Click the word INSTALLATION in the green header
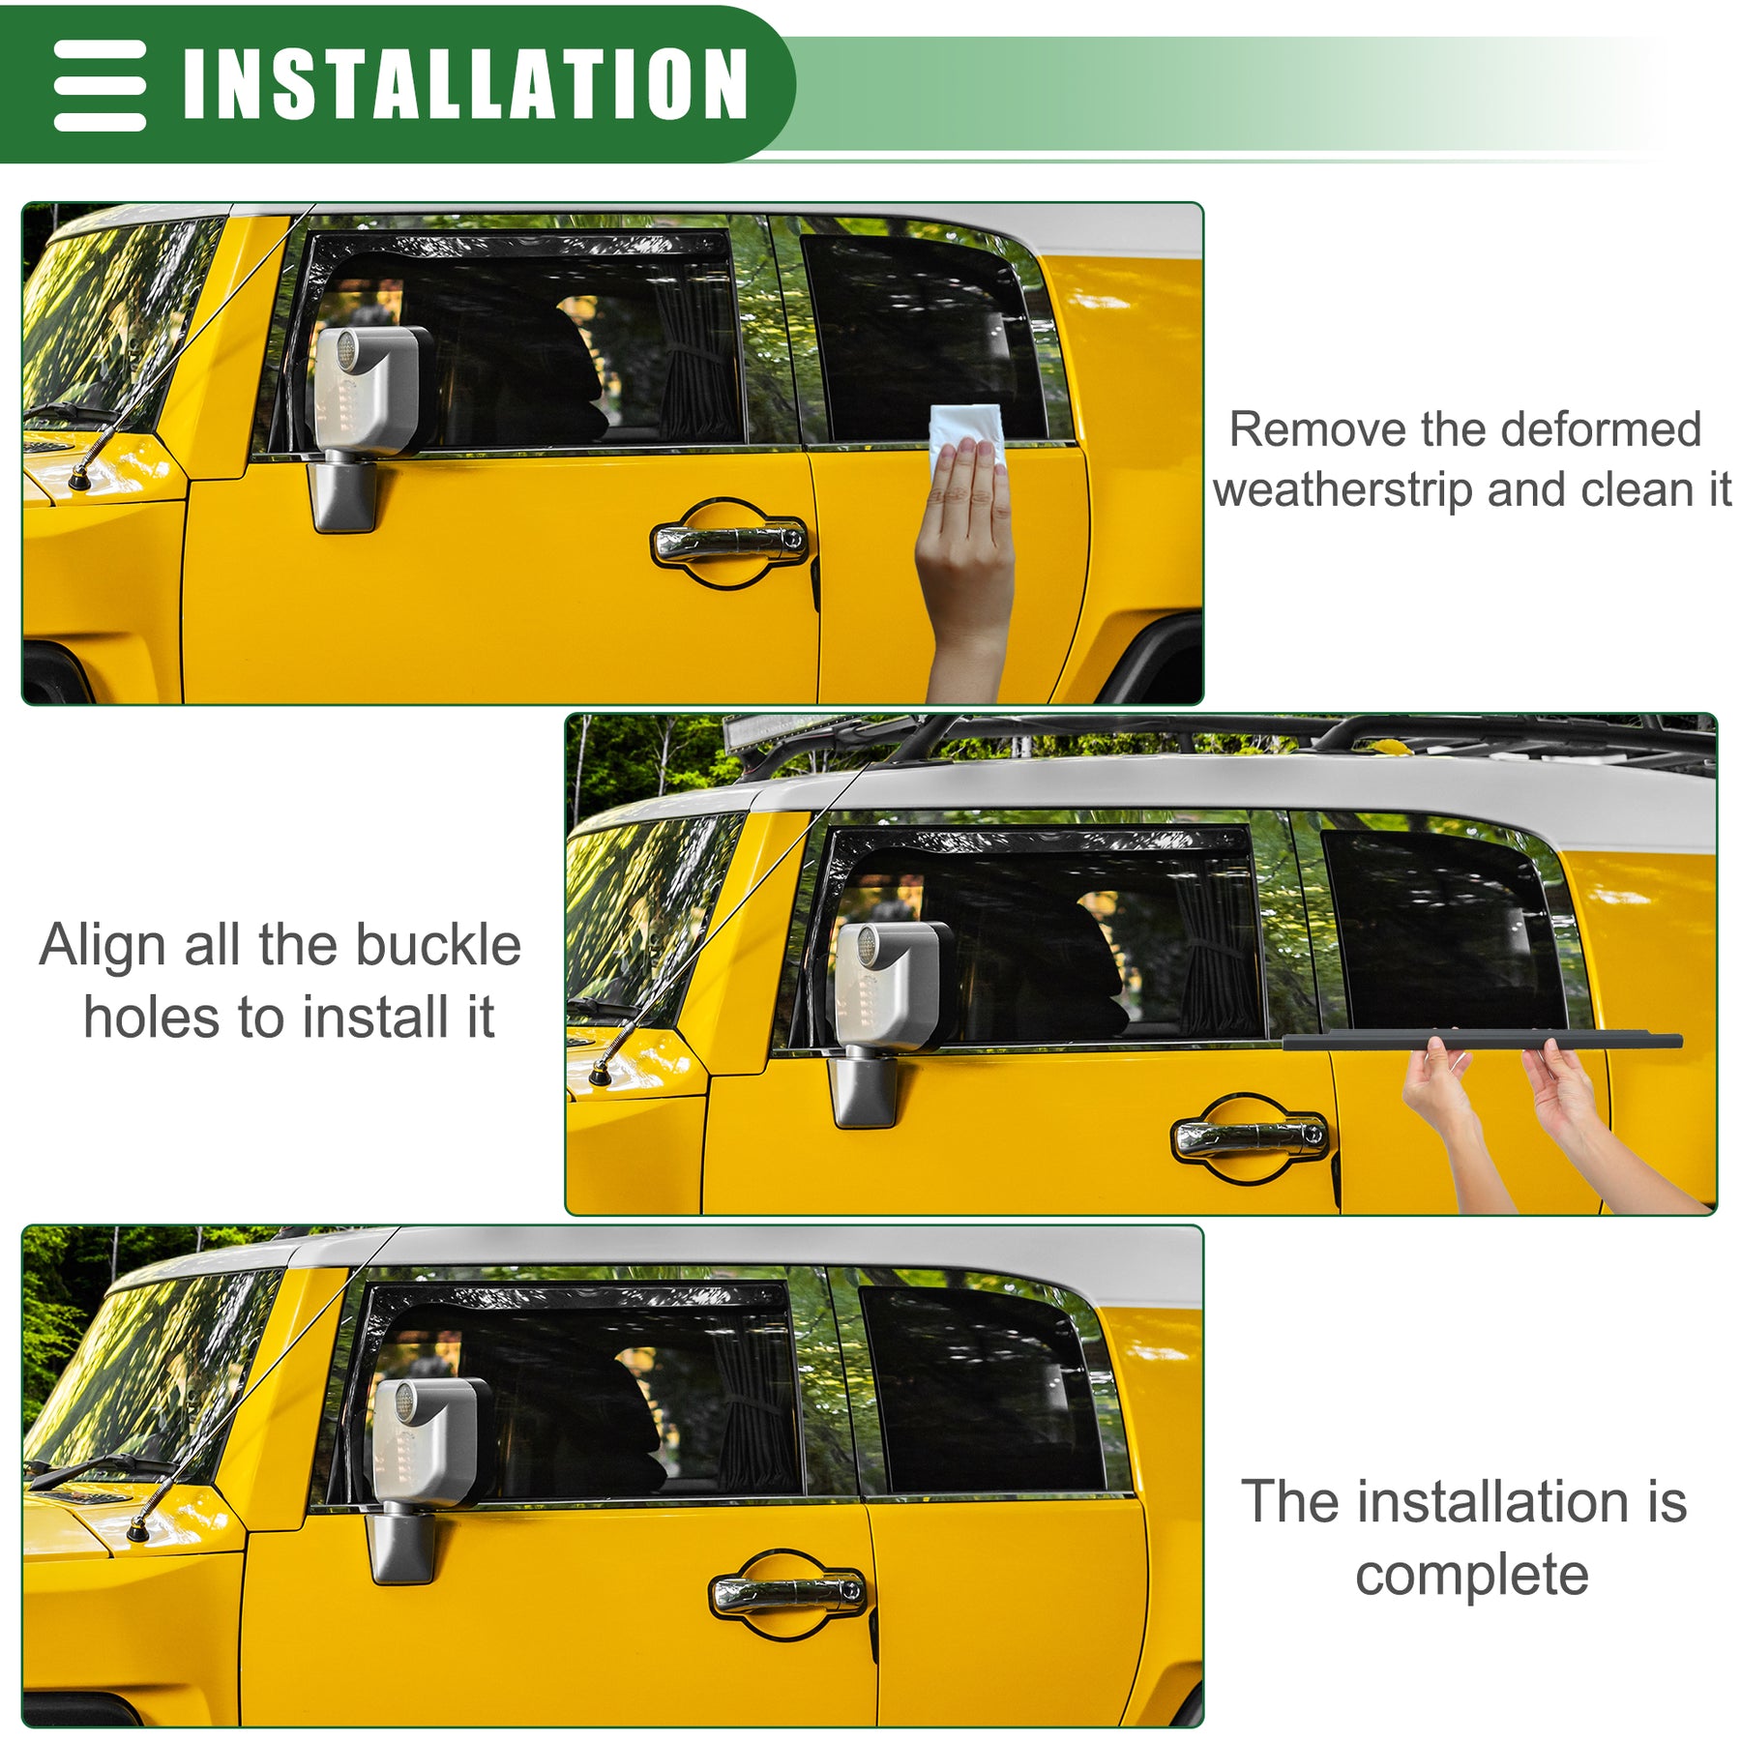[x=465, y=84]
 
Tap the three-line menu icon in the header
[x=100, y=85]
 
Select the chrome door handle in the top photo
[x=730, y=542]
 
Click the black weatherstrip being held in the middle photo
[x=1482, y=1041]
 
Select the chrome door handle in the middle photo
[x=1250, y=1136]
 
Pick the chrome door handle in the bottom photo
[x=788, y=1594]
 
